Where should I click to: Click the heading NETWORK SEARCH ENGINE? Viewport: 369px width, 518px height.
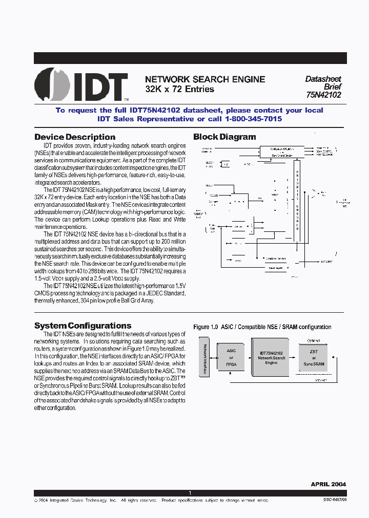pos(205,79)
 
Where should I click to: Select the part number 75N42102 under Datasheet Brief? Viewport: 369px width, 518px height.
pos(323,95)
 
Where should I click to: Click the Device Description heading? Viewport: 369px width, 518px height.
pos(75,137)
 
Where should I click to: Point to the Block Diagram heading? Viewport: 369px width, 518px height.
pos(224,137)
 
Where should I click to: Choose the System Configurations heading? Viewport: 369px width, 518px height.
pos(83,326)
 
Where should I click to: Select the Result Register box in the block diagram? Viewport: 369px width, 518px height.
pos(276,267)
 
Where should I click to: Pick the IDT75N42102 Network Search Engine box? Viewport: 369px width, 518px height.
pos(272,358)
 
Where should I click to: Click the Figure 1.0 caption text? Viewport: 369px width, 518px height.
pos(262,327)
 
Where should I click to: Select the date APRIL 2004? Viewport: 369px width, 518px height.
pos(328,484)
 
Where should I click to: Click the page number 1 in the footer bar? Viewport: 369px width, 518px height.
pos(190,493)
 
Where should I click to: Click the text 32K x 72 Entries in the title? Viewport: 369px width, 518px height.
pos(179,89)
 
